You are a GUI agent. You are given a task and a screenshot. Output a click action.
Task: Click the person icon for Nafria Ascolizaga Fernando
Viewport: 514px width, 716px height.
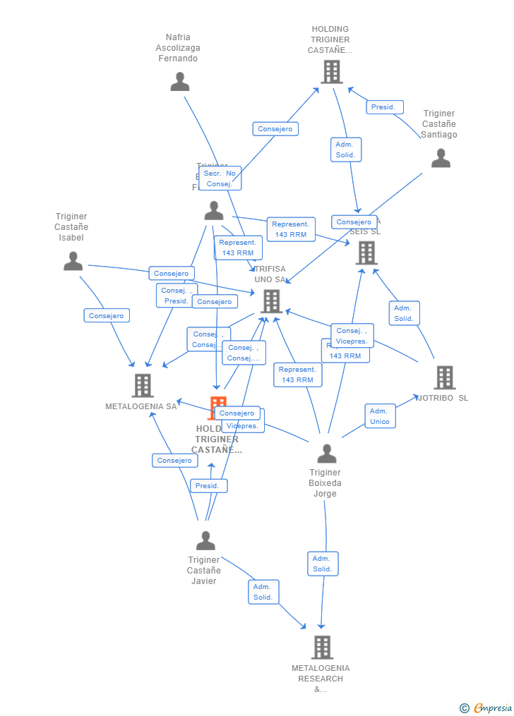180,82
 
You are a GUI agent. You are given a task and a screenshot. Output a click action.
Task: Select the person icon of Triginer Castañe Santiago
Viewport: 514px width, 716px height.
441,158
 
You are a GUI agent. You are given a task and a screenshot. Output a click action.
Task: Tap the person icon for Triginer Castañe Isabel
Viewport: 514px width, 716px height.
73,262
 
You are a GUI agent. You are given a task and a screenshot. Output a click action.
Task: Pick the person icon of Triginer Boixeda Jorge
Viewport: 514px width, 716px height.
326,454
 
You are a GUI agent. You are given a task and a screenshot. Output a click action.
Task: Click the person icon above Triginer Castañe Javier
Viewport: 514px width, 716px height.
205,541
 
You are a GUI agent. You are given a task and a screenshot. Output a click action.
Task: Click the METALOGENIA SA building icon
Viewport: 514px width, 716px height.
143,385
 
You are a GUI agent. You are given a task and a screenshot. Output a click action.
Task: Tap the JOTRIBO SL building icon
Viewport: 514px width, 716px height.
444,377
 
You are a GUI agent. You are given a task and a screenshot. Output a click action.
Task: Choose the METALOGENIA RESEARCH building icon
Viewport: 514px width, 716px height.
322,647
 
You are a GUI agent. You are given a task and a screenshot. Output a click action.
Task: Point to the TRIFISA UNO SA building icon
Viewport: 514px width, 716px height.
271,301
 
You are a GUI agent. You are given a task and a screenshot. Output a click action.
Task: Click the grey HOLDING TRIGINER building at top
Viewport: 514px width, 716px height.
331,71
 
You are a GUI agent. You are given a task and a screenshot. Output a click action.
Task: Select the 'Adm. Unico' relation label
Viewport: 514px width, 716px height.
379,416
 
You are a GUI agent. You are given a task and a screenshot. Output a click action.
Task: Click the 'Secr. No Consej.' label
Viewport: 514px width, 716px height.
220,178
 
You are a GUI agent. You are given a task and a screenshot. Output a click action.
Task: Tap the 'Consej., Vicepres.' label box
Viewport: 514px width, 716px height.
352,336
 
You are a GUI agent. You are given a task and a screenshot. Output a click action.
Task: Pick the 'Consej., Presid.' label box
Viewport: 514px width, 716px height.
176,296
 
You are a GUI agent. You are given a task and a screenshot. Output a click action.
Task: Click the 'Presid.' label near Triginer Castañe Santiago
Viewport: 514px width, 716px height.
384,107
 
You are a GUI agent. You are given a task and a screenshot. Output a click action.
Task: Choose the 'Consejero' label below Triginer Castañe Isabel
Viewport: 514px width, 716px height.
106,316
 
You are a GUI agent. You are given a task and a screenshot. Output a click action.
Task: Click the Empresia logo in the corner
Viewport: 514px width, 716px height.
486,708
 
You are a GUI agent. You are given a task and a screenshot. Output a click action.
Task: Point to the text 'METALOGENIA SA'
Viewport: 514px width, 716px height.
141,406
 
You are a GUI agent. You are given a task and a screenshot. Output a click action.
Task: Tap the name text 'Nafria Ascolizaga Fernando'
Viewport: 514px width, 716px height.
178,48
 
